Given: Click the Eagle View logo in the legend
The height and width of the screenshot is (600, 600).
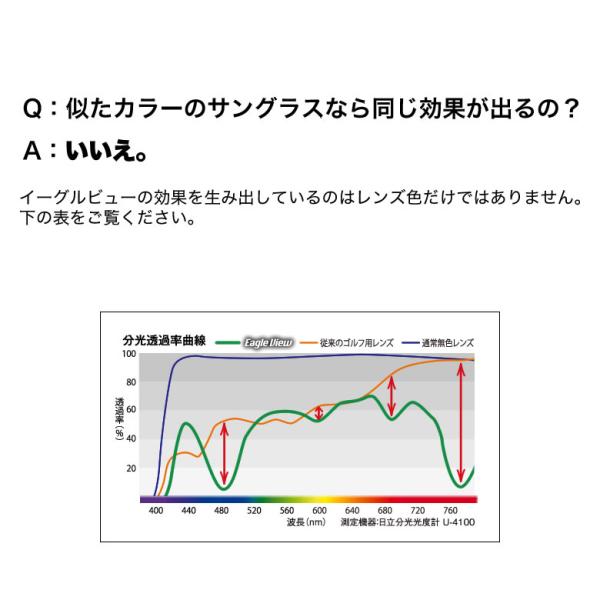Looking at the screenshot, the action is pos(269,342).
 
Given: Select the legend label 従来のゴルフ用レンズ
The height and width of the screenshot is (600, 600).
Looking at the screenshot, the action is pos(357,343).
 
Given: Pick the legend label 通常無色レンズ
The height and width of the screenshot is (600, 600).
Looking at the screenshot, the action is pos(448,343).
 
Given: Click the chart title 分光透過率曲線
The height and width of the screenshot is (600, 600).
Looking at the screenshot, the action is pos(164,340).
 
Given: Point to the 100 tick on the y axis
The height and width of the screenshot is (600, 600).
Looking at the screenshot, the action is pos(129,354).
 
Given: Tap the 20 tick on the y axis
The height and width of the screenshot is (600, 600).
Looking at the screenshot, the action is pos(131,468).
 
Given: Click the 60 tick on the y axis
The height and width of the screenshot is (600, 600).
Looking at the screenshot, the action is pos(131,409).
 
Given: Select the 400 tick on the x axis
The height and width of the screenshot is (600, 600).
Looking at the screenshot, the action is pos(156,510).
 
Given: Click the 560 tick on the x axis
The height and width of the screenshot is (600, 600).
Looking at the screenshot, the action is pos(287,510).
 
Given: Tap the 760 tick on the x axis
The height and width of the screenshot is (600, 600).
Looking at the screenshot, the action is pos(450,510).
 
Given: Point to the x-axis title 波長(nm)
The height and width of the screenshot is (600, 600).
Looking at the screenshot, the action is pos(306,522).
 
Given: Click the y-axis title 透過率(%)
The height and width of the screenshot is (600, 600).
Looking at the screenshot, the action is pos(119,419).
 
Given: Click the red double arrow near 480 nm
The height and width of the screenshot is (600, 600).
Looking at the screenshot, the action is pos(224,454).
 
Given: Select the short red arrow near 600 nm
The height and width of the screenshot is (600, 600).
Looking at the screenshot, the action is pos(319,412).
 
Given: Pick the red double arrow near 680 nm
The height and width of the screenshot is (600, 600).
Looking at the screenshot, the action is pos(391,396).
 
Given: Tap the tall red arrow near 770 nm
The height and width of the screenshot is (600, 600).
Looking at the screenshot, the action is pos(461,423).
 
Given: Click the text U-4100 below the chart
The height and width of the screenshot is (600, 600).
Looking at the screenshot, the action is pos(459,522).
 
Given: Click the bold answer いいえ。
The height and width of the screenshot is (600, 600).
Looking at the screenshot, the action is pos(107,150).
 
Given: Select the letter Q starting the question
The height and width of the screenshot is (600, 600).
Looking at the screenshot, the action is pos(32,109).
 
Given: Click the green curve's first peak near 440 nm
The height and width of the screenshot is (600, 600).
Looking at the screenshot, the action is pos(186,423).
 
